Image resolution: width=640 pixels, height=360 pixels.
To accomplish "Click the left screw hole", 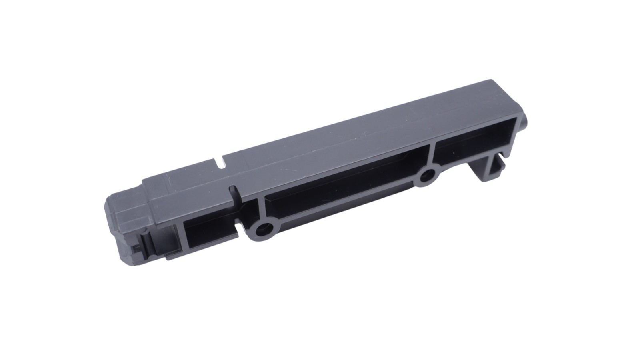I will pyautogui.click(x=263, y=229).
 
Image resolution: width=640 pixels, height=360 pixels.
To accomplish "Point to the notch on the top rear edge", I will pyautogui.click(x=221, y=162).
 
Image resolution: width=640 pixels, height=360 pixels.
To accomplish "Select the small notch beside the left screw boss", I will pyautogui.click(x=240, y=228).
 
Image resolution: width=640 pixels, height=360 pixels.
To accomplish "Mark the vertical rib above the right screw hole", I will pyautogui.click(x=431, y=154).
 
